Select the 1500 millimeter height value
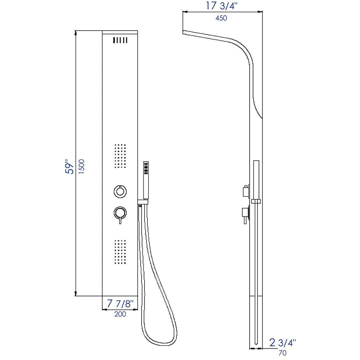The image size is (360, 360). coord(82,167)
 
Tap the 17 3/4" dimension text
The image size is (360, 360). coord(222,6)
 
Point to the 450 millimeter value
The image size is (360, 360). coord(221,18)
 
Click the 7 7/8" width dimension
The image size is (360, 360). coord(120,304)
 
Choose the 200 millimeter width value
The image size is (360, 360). coord(120,314)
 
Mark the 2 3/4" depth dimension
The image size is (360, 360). coord(282,343)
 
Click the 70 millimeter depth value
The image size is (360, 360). coord(282,353)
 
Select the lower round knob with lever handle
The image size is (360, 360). coord(120,214)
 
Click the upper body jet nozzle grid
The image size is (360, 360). coord(120,157)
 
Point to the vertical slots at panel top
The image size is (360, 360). coord(120,40)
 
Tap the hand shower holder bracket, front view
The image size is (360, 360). coord(143,203)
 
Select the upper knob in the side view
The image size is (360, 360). coord(245,191)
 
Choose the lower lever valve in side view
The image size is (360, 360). coord(245,214)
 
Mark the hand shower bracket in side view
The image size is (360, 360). coord(256,201)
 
